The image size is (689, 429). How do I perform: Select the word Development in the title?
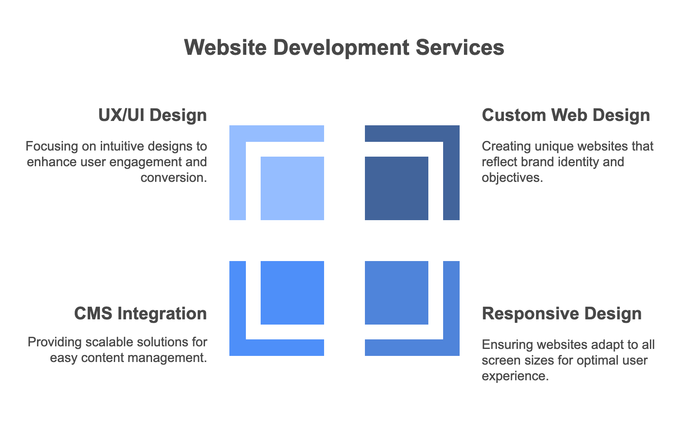coord(341,47)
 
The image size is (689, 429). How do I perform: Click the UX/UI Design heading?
coord(152,115)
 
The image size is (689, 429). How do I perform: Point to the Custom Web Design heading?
coord(566,115)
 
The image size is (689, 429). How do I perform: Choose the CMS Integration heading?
coord(140,314)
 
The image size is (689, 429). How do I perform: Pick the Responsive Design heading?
coord(561,314)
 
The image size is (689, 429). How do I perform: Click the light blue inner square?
coord(292,188)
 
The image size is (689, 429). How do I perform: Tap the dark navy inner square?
coord(396,188)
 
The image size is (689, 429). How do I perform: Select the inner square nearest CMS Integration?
coord(292,292)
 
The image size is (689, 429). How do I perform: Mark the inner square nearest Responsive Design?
coord(396,292)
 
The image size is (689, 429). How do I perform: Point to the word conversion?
coord(173,178)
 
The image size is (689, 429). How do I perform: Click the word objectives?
coord(512,178)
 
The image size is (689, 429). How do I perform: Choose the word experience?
coord(515,376)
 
